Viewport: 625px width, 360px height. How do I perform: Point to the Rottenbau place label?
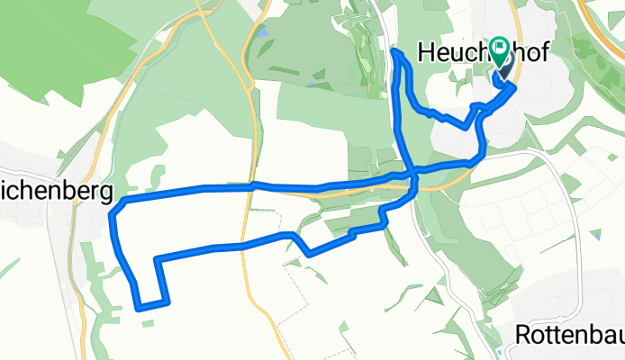click(569, 335)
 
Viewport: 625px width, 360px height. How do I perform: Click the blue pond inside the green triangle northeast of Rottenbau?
click(595, 235)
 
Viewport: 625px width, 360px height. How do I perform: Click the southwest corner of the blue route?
click(140, 308)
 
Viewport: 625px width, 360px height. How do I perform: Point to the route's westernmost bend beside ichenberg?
click(111, 214)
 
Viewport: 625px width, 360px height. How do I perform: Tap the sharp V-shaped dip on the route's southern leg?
click(310, 255)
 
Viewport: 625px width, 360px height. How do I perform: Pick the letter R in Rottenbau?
click(523, 335)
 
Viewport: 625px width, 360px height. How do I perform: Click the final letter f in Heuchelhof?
click(543, 51)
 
